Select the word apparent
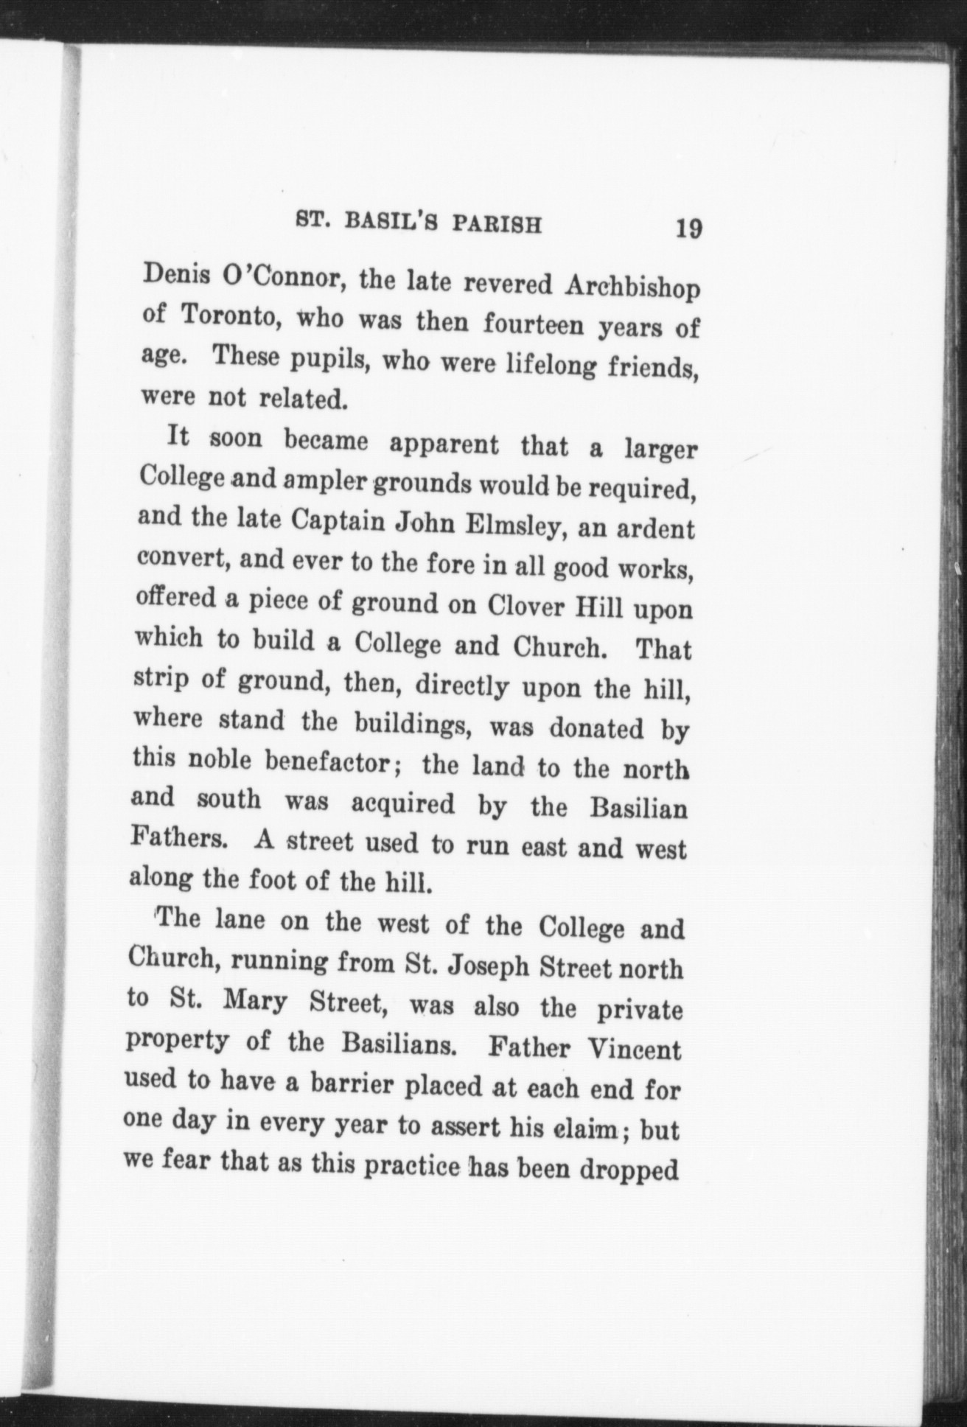(x=443, y=444)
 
